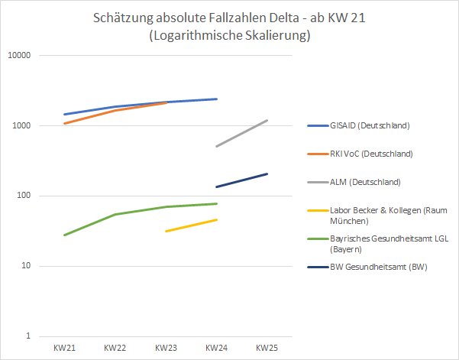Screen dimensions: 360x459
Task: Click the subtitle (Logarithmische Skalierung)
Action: tap(230, 36)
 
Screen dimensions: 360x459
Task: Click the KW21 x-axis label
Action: tap(64, 348)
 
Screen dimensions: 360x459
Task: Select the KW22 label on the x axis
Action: tap(115, 348)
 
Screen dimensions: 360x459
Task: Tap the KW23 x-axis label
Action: tap(166, 348)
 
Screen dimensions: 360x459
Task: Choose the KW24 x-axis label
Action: tap(216, 348)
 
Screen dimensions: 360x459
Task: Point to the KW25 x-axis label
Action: tap(267, 348)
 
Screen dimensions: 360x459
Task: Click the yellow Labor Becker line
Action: tap(191, 225)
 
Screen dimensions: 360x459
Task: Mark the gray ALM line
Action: tap(242, 133)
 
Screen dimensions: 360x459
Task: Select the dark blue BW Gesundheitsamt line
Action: tap(242, 180)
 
